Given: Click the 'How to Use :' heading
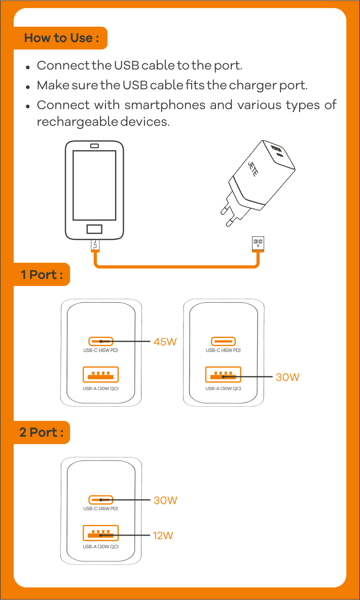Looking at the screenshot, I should click(61, 38).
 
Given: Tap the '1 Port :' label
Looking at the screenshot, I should click(42, 275).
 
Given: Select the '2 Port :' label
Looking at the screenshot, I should click(42, 433).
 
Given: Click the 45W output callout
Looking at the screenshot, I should click(165, 342).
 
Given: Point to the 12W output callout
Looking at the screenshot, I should click(163, 536).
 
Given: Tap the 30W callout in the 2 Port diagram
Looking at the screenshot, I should click(165, 501).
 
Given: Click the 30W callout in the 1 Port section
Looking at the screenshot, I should click(287, 377).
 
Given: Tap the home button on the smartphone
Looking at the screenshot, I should click(94, 228).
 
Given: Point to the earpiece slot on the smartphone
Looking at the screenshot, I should click(94, 147).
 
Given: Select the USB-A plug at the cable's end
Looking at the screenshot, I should click(258, 243).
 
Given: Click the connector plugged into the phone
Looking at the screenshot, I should click(95, 244).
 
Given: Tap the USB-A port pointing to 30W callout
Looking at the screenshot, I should click(223, 375).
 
